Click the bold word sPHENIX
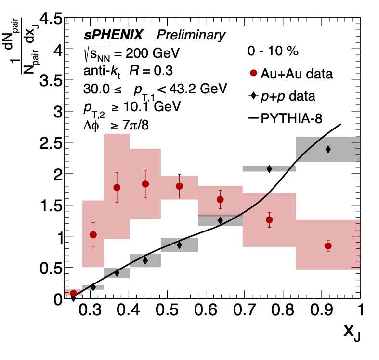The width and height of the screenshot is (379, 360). (x=113, y=35)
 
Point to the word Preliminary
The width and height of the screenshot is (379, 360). (x=191, y=35)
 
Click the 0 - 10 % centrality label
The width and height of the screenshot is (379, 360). (x=273, y=51)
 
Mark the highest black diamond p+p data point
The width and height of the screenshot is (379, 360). (x=328, y=149)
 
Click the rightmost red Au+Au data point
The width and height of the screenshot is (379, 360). (x=328, y=246)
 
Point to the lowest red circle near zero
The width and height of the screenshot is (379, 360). (x=73, y=293)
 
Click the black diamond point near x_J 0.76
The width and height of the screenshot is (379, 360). (x=269, y=168)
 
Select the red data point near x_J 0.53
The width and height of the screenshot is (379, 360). (x=179, y=186)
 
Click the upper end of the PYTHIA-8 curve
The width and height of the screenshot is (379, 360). (x=340, y=124)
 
